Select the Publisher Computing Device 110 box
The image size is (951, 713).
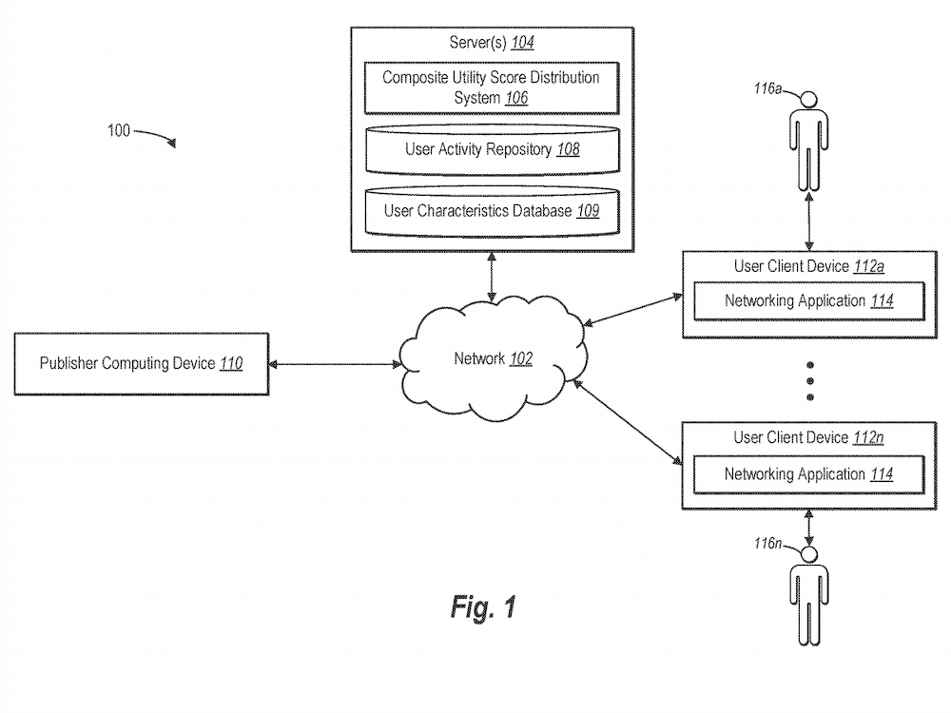(141, 363)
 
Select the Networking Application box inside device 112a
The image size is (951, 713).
(808, 301)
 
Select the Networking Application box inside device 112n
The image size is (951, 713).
(808, 473)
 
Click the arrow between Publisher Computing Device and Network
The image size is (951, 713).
(332, 363)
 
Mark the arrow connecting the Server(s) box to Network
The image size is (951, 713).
(491, 278)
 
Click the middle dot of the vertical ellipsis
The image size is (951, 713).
(810, 380)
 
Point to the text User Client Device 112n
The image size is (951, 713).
(808, 438)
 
